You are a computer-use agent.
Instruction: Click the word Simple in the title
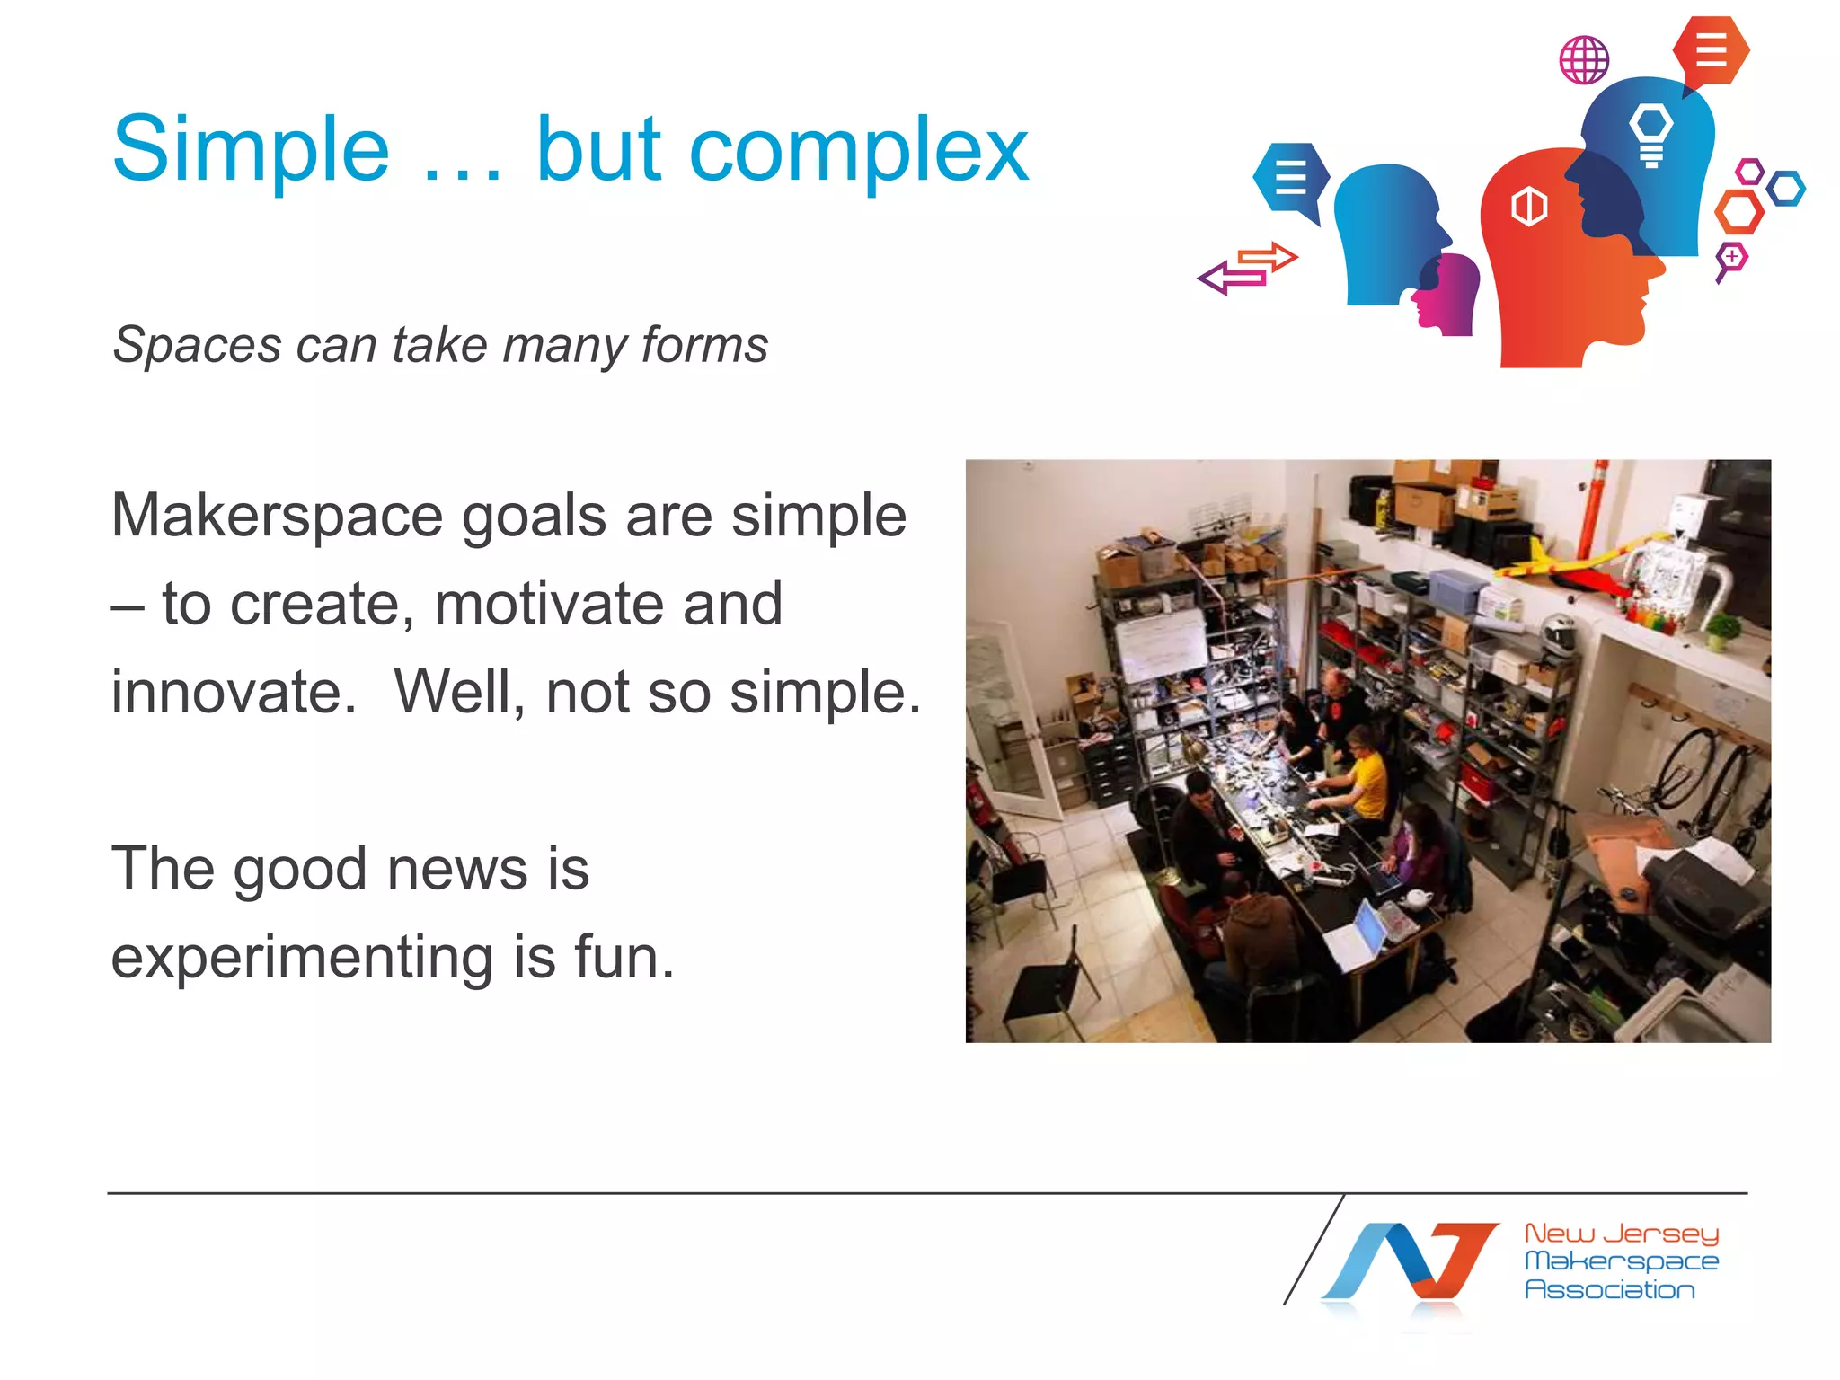tap(251, 150)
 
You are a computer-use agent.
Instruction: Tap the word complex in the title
tap(858, 150)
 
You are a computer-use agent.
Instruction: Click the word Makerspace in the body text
tap(277, 516)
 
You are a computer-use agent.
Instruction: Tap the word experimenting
tap(302, 956)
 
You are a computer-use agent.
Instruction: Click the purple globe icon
tap(1584, 60)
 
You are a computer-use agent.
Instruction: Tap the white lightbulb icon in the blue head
tap(1651, 133)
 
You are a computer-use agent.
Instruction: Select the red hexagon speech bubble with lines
tap(1711, 50)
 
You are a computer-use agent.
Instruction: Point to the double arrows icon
tap(1247, 269)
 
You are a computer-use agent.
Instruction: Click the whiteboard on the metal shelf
tap(1160, 646)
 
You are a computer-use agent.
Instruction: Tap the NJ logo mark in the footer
tap(1411, 1262)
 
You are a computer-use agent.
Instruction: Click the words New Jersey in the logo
tap(1621, 1233)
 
